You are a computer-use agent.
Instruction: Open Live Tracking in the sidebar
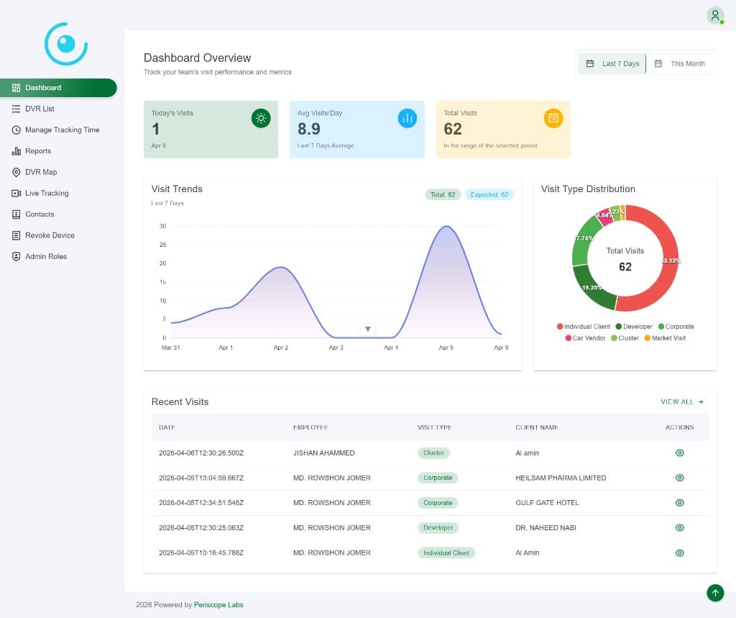(46, 193)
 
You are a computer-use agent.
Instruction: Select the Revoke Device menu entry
(49, 235)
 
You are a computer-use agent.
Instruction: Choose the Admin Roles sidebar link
(45, 256)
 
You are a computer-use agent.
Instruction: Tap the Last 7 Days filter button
(613, 64)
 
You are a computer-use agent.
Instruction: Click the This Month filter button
(680, 64)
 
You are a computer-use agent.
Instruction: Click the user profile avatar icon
(715, 15)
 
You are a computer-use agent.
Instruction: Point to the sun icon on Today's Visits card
(261, 119)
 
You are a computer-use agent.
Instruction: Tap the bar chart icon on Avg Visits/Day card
(408, 119)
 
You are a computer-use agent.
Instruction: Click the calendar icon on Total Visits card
(553, 119)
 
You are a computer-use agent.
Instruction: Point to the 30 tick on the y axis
(163, 226)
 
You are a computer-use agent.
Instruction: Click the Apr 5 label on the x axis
(446, 347)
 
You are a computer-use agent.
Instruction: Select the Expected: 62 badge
(489, 194)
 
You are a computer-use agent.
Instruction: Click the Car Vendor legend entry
(585, 338)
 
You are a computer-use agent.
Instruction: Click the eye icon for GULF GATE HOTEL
(680, 503)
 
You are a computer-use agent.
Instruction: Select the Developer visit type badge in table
(438, 527)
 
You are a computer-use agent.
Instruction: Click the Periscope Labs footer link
(218, 605)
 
